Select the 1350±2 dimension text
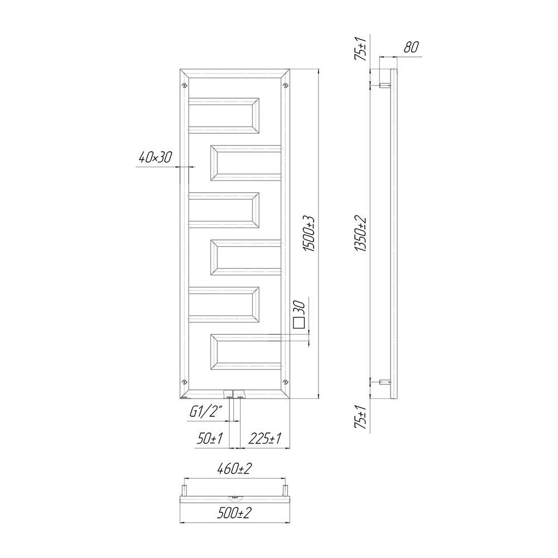tap(362, 234)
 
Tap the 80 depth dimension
tap(411, 47)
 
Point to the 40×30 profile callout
tap(155, 157)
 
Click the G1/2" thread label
tap(206, 412)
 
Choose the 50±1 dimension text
tap(210, 439)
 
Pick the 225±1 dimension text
tap(264, 439)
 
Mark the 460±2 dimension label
tap(234, 469)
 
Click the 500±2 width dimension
tap(234, 513)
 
